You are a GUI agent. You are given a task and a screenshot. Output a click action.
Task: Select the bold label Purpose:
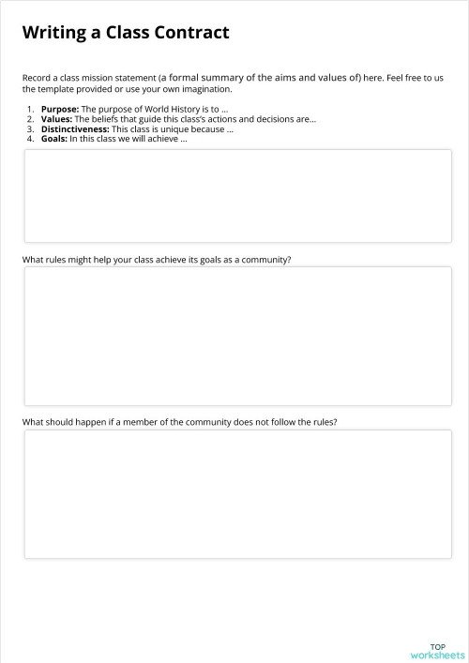point(60,110)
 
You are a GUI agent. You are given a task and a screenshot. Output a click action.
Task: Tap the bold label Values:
point(56,119)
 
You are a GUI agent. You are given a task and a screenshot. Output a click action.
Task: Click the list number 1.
point(30,110)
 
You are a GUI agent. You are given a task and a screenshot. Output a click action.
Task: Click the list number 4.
point(30,138)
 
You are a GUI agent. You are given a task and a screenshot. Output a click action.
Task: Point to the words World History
point(179,110)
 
